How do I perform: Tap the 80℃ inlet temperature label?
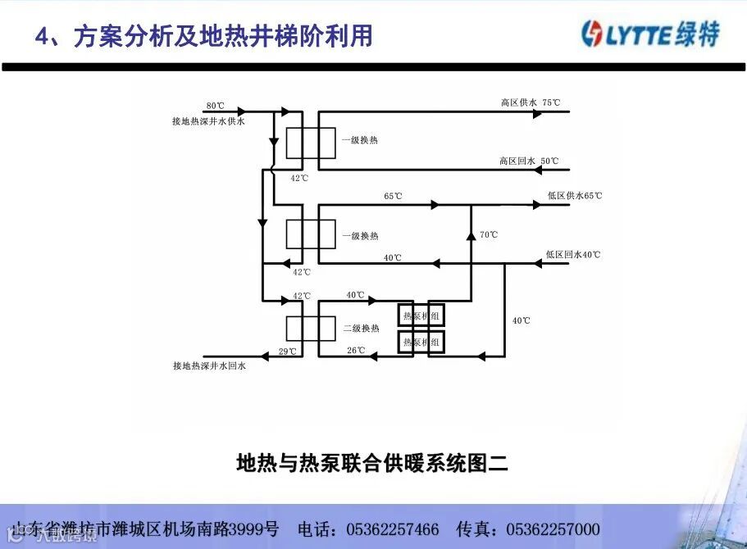[215, 107]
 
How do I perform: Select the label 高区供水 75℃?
[531, 103]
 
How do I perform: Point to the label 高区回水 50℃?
[529, 161]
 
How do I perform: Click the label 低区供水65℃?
[574, 197]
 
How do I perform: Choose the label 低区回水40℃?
[572, 255]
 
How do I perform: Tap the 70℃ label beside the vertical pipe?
[489, 235]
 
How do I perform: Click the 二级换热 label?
[361, 329]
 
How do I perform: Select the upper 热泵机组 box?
[421, 313]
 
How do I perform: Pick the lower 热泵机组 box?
[421, 342]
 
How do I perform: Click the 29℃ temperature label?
[287, 352]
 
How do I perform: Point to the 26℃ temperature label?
[355, 351]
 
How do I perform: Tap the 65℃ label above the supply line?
[393, 197]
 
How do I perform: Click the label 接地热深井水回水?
[209, 366]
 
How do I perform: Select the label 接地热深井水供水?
[208, 120]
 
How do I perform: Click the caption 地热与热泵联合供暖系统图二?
[372, 464]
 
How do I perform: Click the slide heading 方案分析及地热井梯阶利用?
[222, 36]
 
